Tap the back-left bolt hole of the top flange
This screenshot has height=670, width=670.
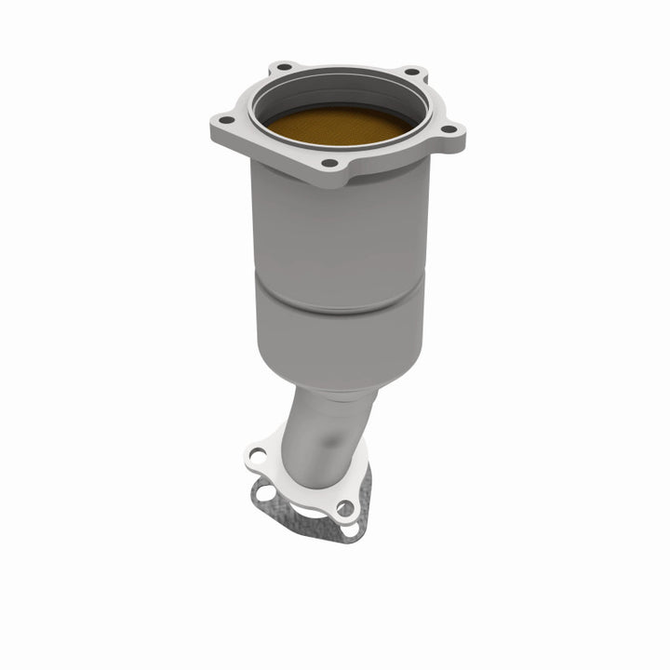[x=277, y=71]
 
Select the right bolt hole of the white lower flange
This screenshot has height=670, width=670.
[x=344, y=508]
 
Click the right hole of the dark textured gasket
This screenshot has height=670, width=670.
[x=346, y=527]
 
